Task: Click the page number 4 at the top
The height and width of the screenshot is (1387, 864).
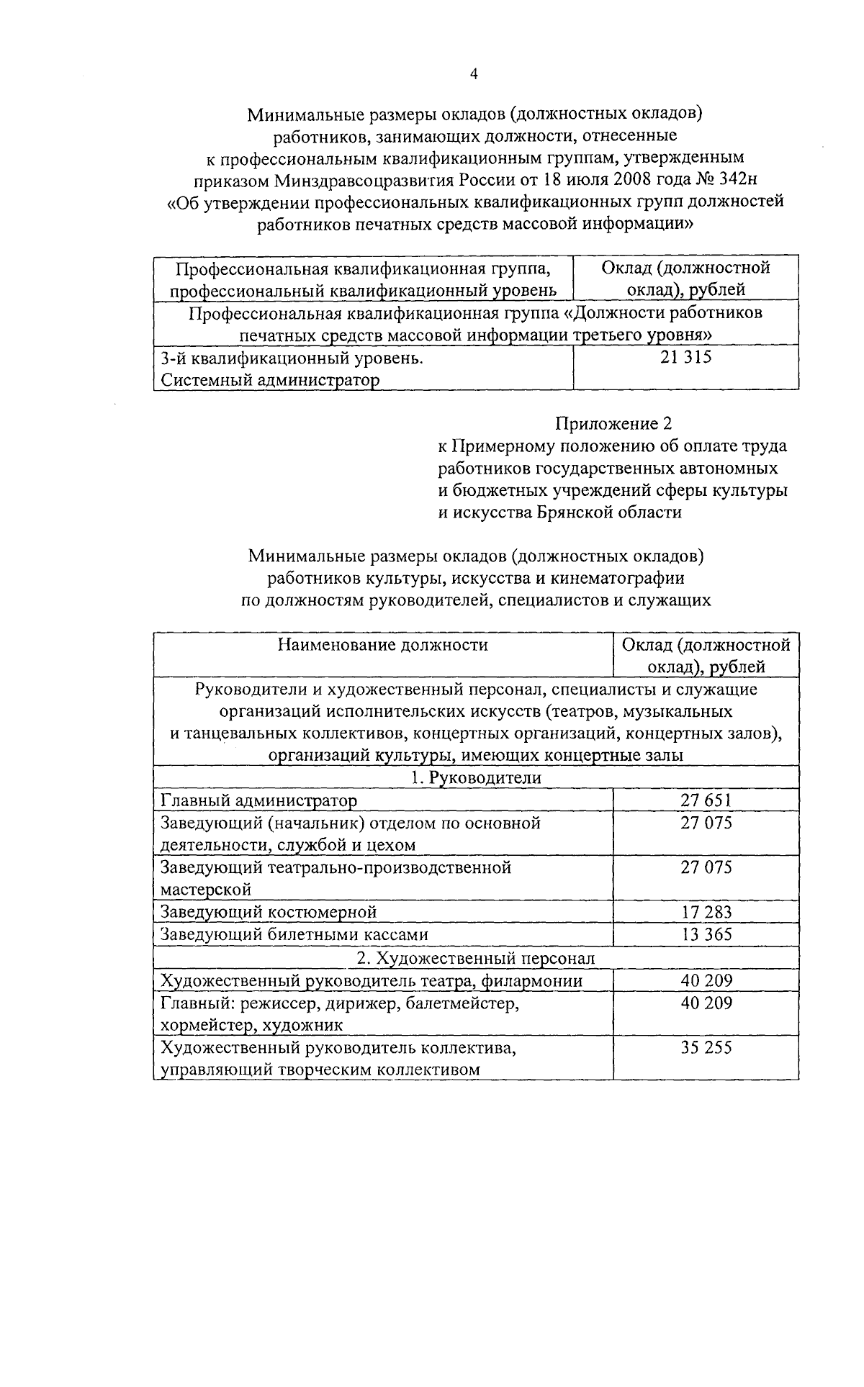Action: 473,74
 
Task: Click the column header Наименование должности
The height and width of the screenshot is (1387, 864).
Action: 382,644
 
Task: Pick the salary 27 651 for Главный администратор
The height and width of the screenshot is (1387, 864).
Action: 706,800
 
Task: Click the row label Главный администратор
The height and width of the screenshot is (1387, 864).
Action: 258,800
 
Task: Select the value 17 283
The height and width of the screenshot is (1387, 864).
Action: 706,912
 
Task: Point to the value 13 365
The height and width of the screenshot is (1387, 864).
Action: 706,934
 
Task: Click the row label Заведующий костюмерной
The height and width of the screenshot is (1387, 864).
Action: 269,912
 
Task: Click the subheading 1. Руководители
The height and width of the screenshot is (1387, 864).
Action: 476,777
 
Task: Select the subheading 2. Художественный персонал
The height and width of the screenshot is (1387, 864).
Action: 476,957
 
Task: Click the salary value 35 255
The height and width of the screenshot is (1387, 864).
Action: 706,1047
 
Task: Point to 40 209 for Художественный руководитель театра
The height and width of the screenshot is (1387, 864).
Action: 706,980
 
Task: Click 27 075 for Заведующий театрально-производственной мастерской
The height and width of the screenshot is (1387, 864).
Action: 706,867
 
